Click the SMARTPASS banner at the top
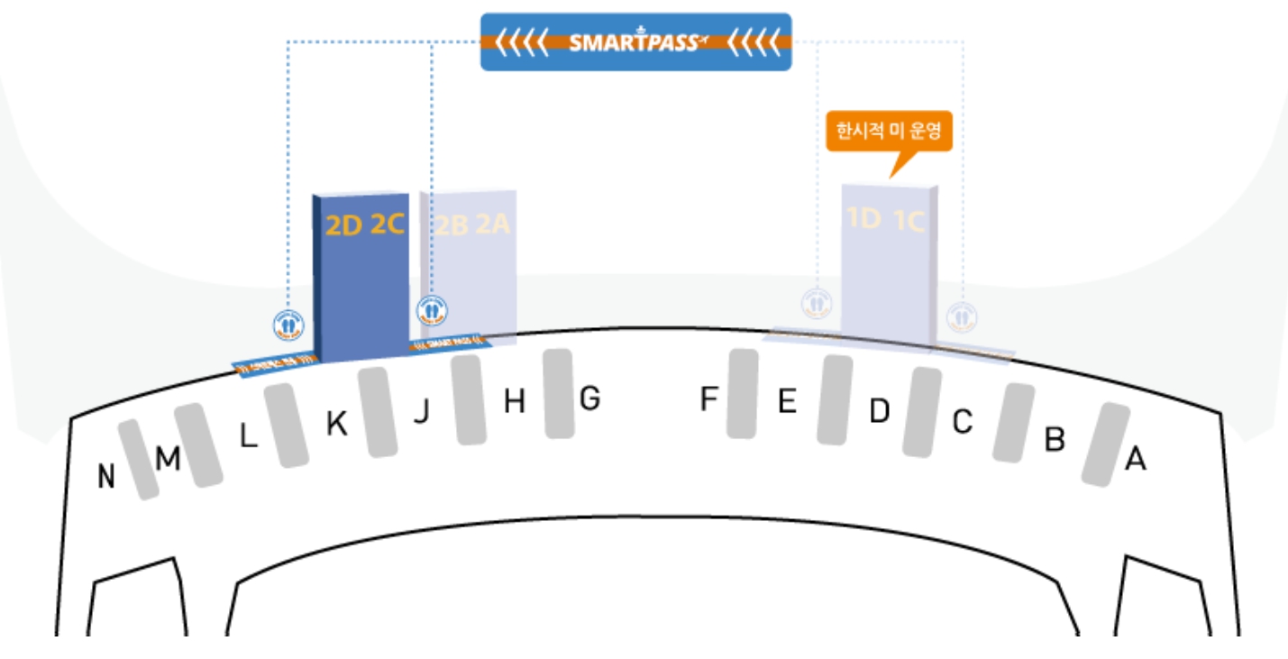tap(635, 41)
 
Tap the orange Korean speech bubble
tap(890, 133)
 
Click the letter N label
tap(106, 477)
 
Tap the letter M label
tap(168, 460)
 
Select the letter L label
tap(249, 437)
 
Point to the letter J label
tap(421, 412)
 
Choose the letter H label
tap(514, 402)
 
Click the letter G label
tap(589, 398)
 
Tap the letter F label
tap(709, 398)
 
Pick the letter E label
tap(787, 402)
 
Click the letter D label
tap(879, 411)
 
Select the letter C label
tap(963, 421)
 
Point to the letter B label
tap(1054, 439)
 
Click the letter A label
tap(1136, 460)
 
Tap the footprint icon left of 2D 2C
tap(288, 325)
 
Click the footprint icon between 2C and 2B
tap(432, 310)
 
